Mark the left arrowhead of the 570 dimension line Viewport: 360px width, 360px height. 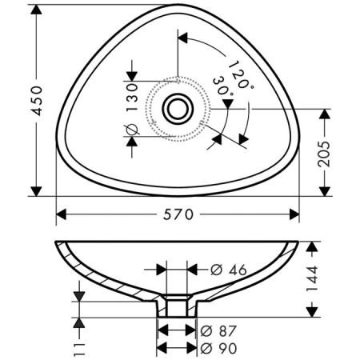pyautogui.click(x=62, y=214)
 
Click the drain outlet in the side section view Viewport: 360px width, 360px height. pyautogui.click(x=175, y=306)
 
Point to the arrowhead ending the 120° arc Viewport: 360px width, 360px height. pyautogui.click(x=183, y=37)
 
